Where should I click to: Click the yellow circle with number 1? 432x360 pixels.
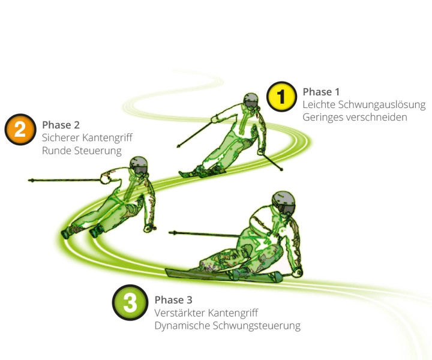(281, 97)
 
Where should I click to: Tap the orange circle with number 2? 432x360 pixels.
(20, 130)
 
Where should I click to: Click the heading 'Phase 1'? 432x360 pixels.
(321, 92)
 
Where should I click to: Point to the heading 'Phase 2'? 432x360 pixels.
(61, 125)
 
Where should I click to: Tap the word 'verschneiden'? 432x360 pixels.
(376, 118)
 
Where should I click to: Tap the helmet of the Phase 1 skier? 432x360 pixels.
(251, 100)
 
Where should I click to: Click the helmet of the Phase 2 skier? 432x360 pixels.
(139, 164)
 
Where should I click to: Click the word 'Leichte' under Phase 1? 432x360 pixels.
(319, 104)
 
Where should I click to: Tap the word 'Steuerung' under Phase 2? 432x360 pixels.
(97, 151)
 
